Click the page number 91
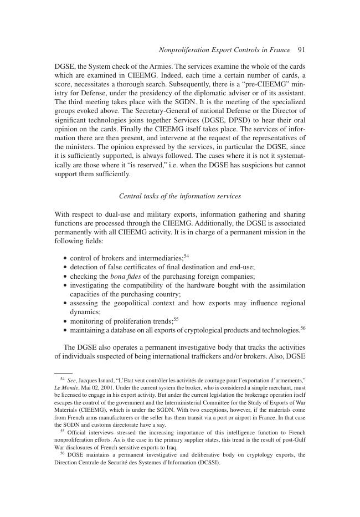point(301,50)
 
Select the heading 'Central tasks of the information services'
point(180,196)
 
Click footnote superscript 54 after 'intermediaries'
point(187,255)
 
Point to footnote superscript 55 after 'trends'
point(176,319)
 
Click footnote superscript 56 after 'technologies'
point(303,328)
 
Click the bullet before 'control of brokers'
point(65,258)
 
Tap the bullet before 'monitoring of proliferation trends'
point(65,321)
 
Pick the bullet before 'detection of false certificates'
point(65,267)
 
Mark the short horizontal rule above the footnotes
point(64,373)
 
